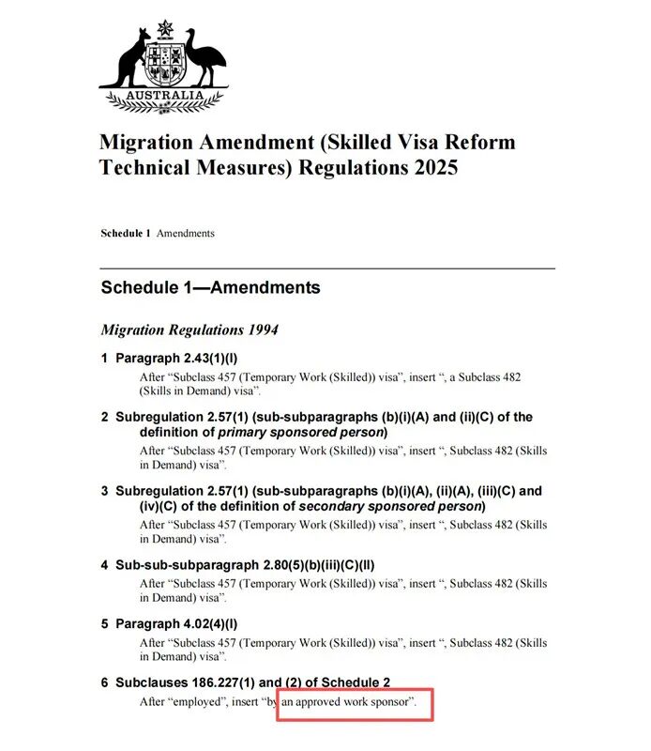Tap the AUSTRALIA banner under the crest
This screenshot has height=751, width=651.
tap(165, 96)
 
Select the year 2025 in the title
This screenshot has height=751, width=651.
tap(429, 168)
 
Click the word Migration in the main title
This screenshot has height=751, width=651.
tap(150, 144)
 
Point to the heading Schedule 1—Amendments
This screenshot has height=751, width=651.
tap(210, 287)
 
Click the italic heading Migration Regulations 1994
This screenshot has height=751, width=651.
tap(189, 330)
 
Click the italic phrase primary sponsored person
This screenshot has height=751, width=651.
tap(301, 432)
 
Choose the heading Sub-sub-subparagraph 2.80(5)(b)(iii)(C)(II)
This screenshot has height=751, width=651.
tap(245, 565)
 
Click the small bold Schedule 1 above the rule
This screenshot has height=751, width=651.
tap(126, 233)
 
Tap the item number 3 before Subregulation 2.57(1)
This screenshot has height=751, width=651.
tap(105, 491)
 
